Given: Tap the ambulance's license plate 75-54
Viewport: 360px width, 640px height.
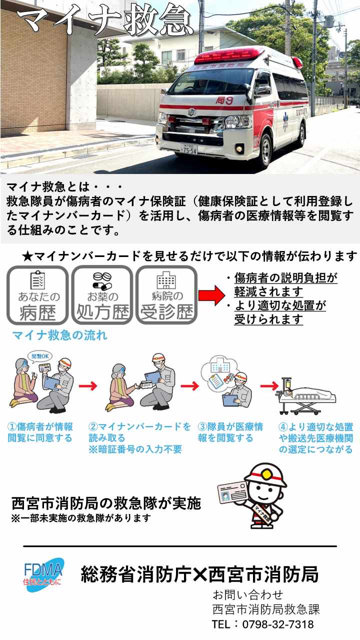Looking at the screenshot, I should pos(189,148).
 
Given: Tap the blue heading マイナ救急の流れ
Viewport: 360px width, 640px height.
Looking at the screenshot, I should pos(59,335).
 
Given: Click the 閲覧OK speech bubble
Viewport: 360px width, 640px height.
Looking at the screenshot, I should pos(41,356).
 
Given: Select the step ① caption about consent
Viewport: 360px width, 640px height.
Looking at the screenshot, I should pos(40,432).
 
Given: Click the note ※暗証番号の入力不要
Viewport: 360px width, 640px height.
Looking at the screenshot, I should pos(135,449).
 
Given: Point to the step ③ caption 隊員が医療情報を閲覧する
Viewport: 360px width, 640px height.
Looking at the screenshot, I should pos(230,432).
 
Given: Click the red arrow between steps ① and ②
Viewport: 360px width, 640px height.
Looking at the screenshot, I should pos(87,386).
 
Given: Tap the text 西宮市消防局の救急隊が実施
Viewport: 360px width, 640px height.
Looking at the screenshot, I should pos(106,503).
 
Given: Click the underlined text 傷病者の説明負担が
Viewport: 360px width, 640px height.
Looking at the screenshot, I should pos(285,278).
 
